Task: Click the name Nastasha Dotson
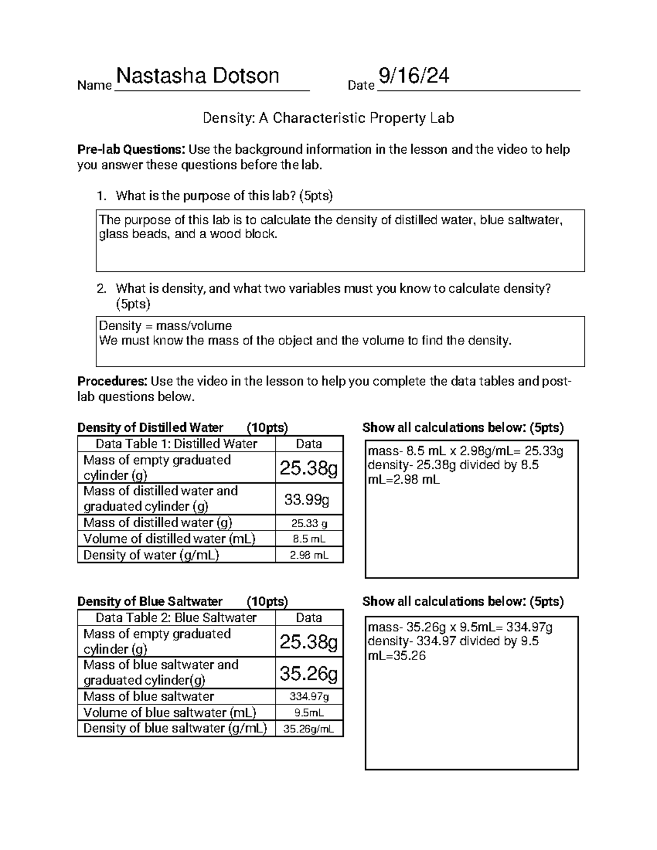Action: (x=197, y=76)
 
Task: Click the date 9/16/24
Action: (x=414, y=76)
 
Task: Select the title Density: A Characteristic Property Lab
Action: (x=328, y=118)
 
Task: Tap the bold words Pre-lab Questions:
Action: (x=131, y=149)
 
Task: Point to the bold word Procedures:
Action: (x=112, y=381)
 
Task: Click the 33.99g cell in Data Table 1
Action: (x=308, y=499)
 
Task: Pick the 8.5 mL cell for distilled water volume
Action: (x=309, y=539)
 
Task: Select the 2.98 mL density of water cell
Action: (x=309, y=555)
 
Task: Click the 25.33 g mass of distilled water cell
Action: (x=309, y=523)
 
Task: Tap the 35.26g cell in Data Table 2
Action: (x=308, y=673)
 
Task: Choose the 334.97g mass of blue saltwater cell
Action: (x=309, y=697)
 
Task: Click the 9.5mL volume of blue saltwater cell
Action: (x=309, y=713)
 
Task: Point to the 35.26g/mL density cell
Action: (x=309, y=728)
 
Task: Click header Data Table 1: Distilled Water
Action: (x=176, y=444)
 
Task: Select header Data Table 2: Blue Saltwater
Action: (x=176, y=618)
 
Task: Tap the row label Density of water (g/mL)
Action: (x=151, y=555)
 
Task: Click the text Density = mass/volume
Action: (x=165, y=326)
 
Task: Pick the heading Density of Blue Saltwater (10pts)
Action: (x=182, y=602)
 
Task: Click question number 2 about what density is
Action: (x=332, y=289)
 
